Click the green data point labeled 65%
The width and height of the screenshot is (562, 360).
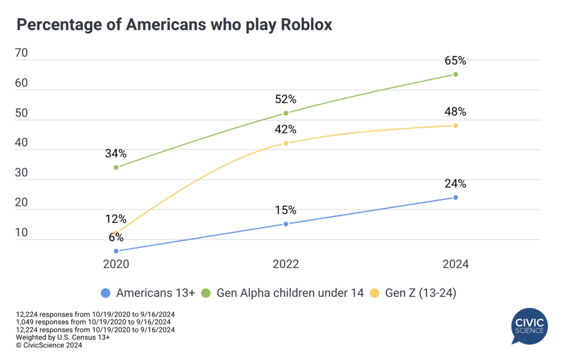click(x=456, y=74)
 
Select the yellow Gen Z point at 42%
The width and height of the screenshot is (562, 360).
click(x=286, y=143)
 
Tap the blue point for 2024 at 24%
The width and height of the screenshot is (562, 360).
click(x=456, y=197)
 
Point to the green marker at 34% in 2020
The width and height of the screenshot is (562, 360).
click(x=116, y=167)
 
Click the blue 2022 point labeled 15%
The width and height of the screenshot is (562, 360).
click(x=286, y=224)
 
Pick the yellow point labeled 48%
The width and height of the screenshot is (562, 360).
click(x=456, y=125)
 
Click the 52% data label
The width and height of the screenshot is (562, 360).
click(x=286, y=99)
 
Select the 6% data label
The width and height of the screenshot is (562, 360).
click(x=116, y=238)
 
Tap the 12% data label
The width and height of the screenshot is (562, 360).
click(x=116, y=219)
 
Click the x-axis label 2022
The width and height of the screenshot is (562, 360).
click(x=286, y=264)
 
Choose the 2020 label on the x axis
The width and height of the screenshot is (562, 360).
click(x=116, y=264)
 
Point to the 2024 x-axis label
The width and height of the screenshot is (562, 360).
click(x=456, y=264)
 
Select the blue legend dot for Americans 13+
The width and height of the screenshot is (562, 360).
click(x=106, y=293)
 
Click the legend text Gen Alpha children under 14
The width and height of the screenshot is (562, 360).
click(x=290, y=293)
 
